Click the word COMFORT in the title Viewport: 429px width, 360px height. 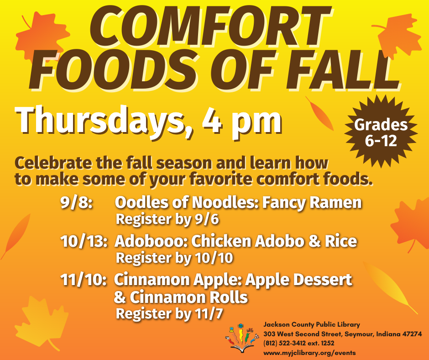(210, 27)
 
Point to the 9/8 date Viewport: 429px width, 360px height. (77, 203)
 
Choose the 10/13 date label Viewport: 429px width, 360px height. (84, 241)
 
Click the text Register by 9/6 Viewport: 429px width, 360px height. (167, 219)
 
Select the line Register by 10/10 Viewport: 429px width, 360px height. (174, 258)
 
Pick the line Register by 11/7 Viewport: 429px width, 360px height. (169, 314)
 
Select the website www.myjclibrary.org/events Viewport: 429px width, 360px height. (309, 353)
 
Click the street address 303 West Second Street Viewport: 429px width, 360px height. (303, 334)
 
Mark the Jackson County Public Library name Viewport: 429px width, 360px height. (312, 325)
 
